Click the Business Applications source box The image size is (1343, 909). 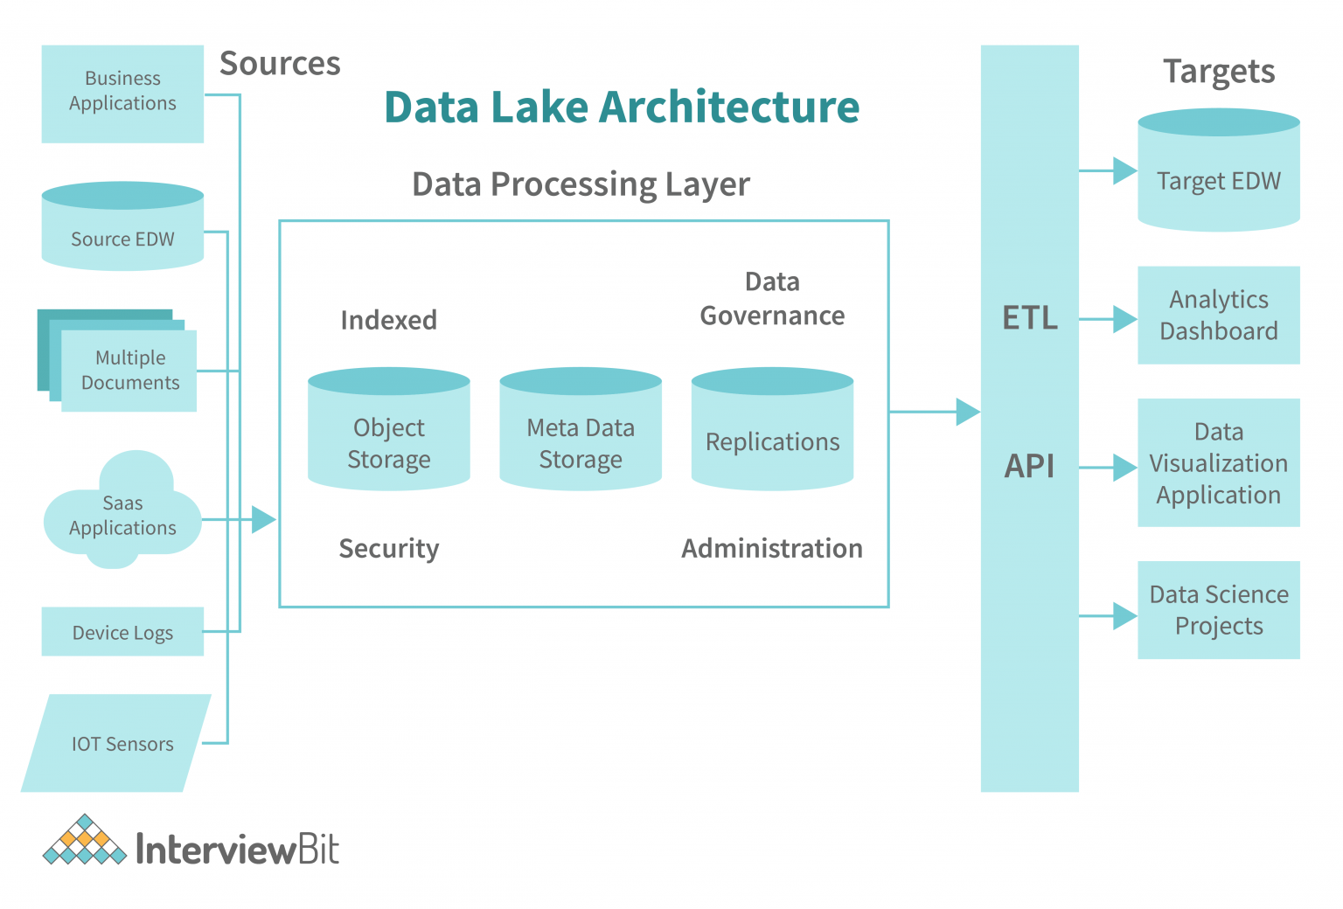click(x=122, y=94)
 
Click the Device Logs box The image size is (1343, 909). click(x=122, y=632)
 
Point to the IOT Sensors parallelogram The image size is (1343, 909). click(x=118, y=743)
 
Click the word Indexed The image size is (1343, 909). click(x=389, y=320)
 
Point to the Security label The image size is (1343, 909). click(x=389, y=548)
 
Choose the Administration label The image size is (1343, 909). click(x=772, y=548)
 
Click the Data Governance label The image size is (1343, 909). click(x=772, y=299)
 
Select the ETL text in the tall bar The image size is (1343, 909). click(x=1030, y=317)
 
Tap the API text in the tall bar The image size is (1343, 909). click(x=1030, y=466)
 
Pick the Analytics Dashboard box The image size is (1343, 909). click(x=1218, y=316)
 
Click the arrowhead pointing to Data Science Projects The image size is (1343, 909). click(x=1124, y=616)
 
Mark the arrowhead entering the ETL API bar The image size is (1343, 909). click(x=967, y=412)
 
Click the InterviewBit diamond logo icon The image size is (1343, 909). click(x=85, y=842)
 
